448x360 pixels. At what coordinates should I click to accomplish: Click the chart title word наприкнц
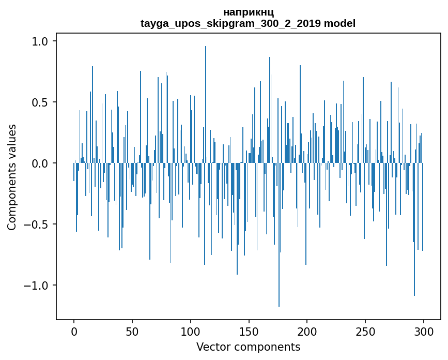248,12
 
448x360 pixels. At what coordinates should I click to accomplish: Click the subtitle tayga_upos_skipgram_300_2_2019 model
248,23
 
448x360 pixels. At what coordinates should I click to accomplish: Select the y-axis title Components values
12,177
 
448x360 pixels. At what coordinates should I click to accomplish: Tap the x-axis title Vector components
248,347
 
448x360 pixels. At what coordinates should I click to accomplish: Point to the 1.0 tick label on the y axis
40,41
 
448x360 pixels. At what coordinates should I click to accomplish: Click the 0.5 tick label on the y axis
40,102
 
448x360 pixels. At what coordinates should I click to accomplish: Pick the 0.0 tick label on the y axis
40,163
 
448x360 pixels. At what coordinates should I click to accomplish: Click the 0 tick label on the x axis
74,331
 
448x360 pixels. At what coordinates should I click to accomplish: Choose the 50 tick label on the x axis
132,331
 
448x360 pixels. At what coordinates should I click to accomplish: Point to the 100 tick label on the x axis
191,331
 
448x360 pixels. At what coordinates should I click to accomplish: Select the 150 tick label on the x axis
249,331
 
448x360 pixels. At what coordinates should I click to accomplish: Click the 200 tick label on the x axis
307,331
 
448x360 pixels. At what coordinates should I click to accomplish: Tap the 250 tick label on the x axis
365,331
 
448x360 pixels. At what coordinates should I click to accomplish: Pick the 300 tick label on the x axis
424,331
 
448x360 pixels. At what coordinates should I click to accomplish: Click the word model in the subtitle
340,23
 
